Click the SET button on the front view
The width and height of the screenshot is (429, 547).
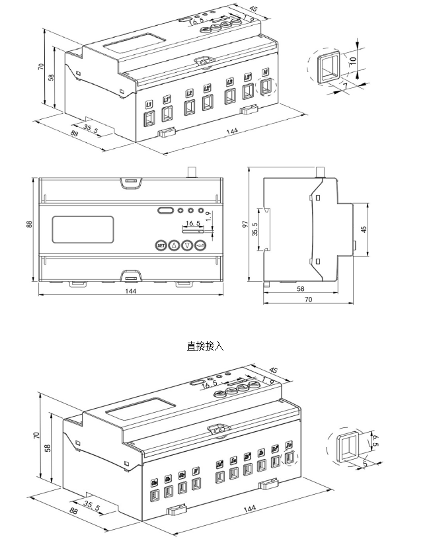(x=160, y=245)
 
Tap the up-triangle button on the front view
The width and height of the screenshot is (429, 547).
(x=174, y=245)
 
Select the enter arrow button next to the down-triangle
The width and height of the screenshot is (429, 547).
(x=202, y=245)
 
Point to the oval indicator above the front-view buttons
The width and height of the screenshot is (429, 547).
(x=165, y=211)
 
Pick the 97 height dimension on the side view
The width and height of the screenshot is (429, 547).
(x=245, y=225)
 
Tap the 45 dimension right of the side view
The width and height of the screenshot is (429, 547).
(x=364, y=228)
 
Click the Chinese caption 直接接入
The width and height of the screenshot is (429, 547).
(x=206, y=345)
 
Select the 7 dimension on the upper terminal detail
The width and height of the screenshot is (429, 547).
(x=344, y=86)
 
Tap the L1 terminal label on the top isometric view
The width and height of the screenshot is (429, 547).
(x=148, y=104)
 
